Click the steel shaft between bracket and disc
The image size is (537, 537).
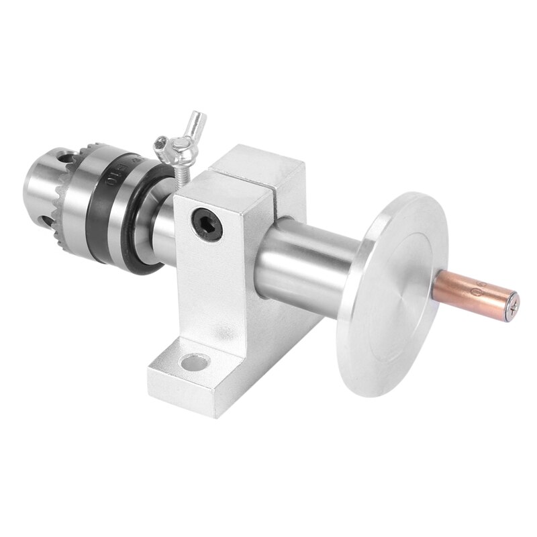tap(302, 262)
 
